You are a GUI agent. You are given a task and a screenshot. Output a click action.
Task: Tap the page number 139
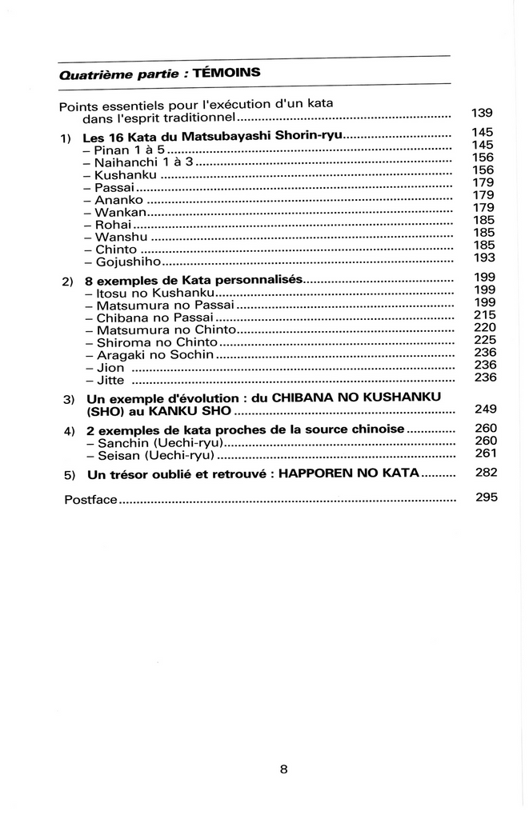click(x=482, y=113)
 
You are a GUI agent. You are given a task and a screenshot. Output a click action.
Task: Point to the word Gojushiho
click(x=129, y=262)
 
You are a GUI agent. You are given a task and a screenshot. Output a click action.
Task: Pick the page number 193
click(x=484, y=258)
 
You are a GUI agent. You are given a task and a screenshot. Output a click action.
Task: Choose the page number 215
click(x=485, y=314)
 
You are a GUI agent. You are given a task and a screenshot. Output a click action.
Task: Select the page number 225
click(x=485, y=340)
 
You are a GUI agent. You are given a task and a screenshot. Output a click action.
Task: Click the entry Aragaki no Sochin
click(x=155, y=354)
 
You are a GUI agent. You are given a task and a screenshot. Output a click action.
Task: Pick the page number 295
click(x=487, y=497)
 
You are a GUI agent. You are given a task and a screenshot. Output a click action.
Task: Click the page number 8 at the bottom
click(x=283, y=769)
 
